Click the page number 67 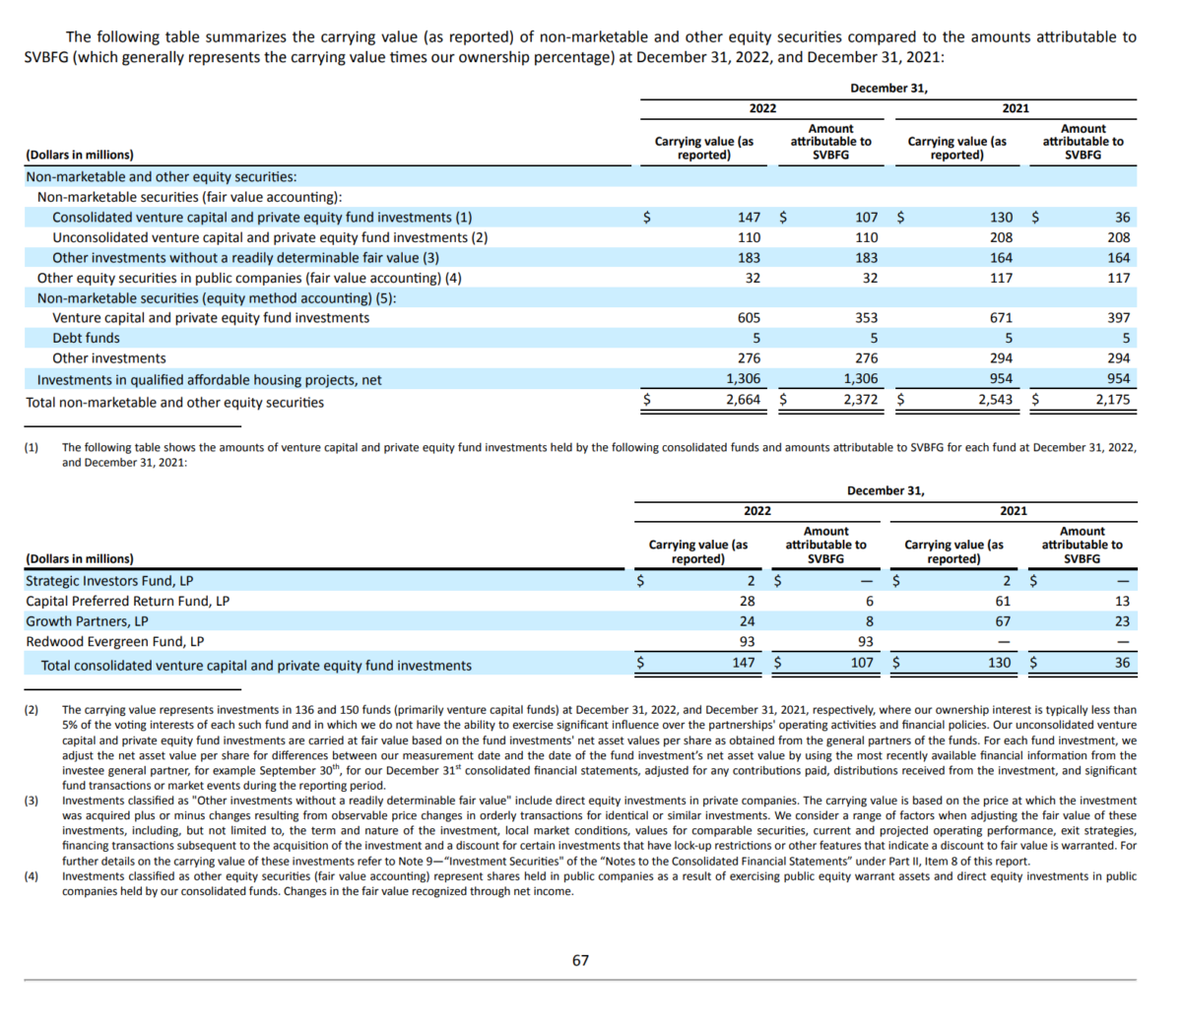coord(580,960)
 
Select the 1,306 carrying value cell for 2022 coord(743,379)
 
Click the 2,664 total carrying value coord(743,400)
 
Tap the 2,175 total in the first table coord(1113,400)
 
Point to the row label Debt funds coord(86,338)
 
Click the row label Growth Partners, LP coord(87,621)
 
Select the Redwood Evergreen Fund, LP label coord(114,641)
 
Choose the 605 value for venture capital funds coord(749,318)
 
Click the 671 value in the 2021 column coord(1001,318)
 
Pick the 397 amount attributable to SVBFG coord(1118,318)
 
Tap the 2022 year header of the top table coord(762,108)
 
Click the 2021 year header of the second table coord(1014,511)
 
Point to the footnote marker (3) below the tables coord(32,801)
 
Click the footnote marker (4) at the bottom coord(32,876)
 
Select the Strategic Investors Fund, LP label coord(109,581)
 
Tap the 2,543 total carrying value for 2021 coord(995,400)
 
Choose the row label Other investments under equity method coord(108,358)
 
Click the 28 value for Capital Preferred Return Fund coord(748,601)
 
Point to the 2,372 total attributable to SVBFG coord(861,400)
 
